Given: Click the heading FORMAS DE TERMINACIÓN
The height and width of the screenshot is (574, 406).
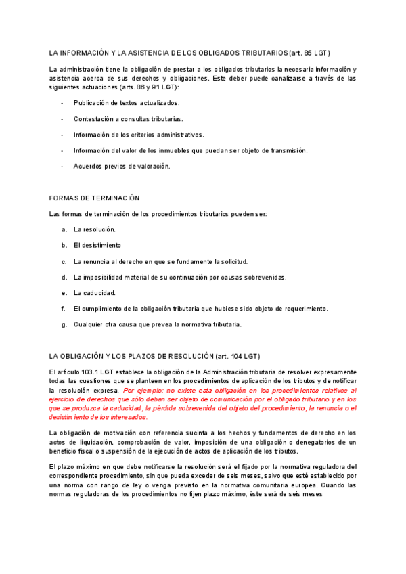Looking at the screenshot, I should [x=94, y=198].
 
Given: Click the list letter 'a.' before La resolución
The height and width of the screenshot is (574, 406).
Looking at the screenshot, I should [x=64, y=230].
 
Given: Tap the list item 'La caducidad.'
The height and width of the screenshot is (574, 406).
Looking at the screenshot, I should [x=95, y=293].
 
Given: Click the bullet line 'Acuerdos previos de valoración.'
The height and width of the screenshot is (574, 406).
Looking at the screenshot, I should [x=122, y=166].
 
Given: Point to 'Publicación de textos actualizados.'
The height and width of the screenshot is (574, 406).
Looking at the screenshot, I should [x=127, y=103].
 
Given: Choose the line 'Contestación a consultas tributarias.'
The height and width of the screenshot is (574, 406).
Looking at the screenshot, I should [x=128, y=119].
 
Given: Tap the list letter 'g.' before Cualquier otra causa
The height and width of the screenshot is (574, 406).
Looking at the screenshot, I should [x=64, y=325].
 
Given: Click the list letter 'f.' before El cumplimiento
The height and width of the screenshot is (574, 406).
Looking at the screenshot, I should [x=64, y=309].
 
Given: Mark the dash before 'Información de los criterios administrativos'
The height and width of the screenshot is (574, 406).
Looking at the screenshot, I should [x=62, y=135].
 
